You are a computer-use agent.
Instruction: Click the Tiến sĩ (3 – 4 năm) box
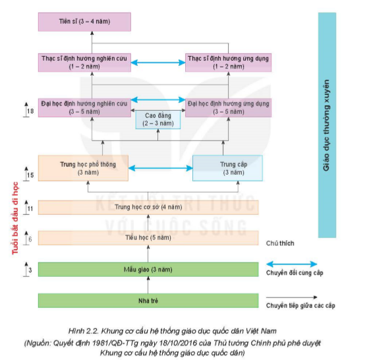84,22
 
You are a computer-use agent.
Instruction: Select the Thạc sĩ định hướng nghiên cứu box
84,63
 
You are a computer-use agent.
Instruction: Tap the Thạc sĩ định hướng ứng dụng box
228,63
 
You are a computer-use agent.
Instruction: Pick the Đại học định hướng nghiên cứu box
84,107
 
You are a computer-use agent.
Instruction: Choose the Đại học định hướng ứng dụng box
228,107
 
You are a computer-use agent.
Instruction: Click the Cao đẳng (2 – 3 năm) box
157,120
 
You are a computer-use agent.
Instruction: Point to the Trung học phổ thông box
83,168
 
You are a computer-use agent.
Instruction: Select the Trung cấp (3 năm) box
227,168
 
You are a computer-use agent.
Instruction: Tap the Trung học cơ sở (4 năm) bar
148,208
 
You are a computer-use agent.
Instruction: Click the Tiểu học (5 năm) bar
148,238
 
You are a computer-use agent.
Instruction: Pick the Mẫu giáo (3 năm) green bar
148,270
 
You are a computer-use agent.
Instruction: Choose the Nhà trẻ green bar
148,301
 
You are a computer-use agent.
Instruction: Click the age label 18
30,111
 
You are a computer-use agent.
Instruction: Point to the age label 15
30,175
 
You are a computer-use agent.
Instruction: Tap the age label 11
30,208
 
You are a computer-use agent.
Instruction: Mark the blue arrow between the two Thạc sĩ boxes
158,63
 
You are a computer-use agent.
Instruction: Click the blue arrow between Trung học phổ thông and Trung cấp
160,168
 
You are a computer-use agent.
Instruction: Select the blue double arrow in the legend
292,264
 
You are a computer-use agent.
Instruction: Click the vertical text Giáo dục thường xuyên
326,125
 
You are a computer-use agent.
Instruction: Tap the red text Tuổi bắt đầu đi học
15,218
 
